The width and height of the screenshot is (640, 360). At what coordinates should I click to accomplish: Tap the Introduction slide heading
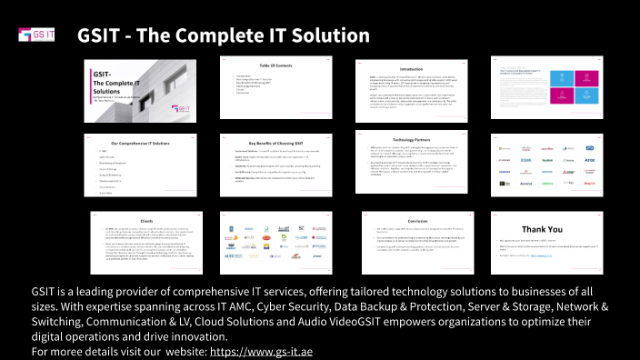[411, 69]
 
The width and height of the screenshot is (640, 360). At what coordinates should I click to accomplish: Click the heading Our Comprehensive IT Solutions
[139, 144]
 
